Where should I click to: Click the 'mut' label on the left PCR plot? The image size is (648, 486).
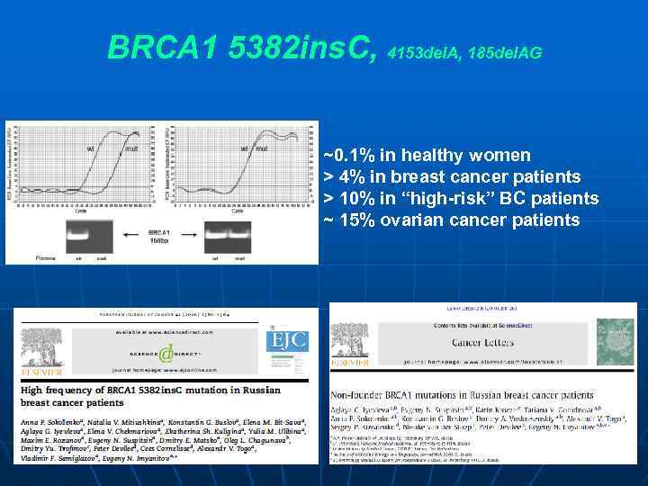pos(131,148)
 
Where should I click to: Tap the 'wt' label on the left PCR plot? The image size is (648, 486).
pos(90,148)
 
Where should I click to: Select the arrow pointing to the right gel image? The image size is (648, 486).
pos(191,237)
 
